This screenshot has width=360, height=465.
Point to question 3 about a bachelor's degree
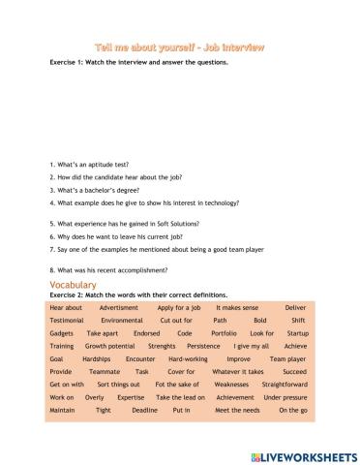pyautogui.click(x=96, y=191)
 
